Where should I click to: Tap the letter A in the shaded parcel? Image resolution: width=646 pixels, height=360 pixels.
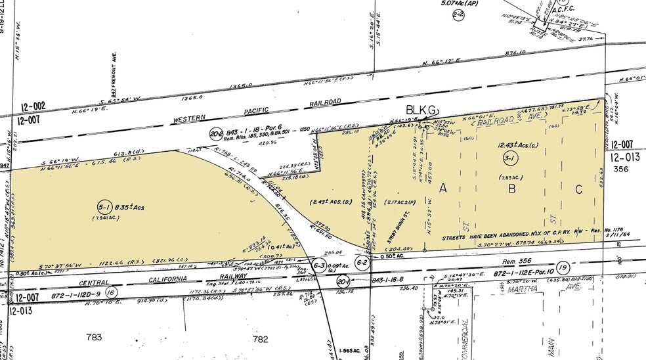tap(443, 188)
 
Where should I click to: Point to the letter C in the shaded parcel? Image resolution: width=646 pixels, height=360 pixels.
tap(578, 189)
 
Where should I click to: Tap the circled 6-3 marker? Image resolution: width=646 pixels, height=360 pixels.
tap(319, 265)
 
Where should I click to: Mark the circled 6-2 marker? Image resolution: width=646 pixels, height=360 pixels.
tap(361, 262)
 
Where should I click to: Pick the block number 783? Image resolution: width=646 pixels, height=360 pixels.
tap(95, 338)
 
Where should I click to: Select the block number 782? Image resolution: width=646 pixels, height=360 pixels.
tap(261, 339)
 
